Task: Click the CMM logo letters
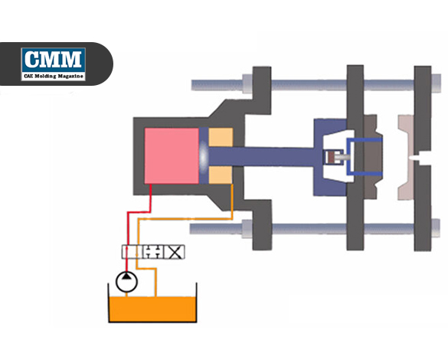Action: tap(53, 59)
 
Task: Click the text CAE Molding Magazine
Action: tap(54, 76)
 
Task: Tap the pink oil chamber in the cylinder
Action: tap(172, 155)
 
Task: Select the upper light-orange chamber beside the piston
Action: tap(221, 137)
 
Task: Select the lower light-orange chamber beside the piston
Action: tap(221, 175)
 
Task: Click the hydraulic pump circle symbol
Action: tap(126, 282)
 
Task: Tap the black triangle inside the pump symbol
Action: tap(126, 276)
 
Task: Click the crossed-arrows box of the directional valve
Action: tap(175, 252)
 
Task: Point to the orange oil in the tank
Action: tap(153, 309)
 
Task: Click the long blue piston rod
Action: tap(261, 156)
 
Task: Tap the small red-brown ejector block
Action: tap(332, 157)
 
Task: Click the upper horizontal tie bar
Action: tap(316, 85)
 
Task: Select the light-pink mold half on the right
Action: tap(407, 158)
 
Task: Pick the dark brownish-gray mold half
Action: tap(373, 156)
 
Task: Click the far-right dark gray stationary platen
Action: tap(423, 159)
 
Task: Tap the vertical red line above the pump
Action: tap(126, 242)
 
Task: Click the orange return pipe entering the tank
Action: tap(155, 283)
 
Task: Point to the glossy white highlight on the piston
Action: tap(203, 156)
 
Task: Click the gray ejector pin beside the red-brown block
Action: tap(342, 157)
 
